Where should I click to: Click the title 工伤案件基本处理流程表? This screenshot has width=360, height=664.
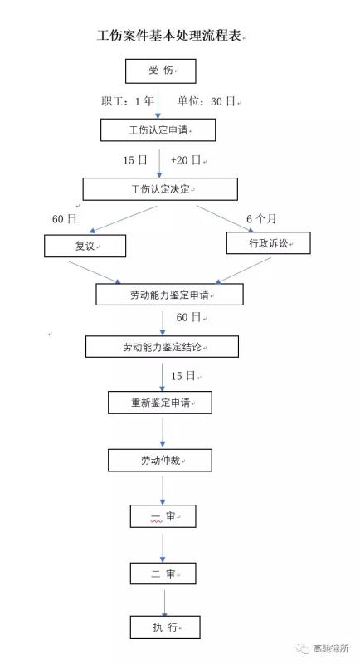coord(169,35)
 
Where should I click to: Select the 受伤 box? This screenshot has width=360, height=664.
coord(161,71)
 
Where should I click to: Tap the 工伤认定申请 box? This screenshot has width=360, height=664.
coord(158,130)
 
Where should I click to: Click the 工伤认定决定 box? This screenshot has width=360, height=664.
coord(160,189)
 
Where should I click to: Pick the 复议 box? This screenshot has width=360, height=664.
coord(85,246)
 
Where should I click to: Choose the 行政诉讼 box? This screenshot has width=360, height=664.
coord(269,243)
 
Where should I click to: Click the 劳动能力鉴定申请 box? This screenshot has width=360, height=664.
coord(170,295)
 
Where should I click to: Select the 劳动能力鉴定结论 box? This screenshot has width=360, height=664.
coord(162,347)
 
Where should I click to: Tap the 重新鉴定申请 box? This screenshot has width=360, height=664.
coord(160,403)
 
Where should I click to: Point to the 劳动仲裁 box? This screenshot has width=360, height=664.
coord(160,461)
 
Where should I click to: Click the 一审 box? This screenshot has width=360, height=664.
coord(163,516)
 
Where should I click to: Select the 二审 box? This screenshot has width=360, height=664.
coord(163,574)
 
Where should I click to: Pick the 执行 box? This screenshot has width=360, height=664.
coord(165,627)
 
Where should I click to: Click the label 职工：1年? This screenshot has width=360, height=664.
coord(128,101)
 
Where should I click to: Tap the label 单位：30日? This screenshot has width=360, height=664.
coord(206,101)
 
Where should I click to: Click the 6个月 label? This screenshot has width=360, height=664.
coord(261,219)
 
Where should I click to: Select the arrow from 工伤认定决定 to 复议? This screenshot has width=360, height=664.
coord(123,219)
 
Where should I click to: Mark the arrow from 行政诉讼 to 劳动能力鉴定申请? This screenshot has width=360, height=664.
coord(243,271)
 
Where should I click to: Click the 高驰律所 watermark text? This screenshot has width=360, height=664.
coord(331,648)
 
